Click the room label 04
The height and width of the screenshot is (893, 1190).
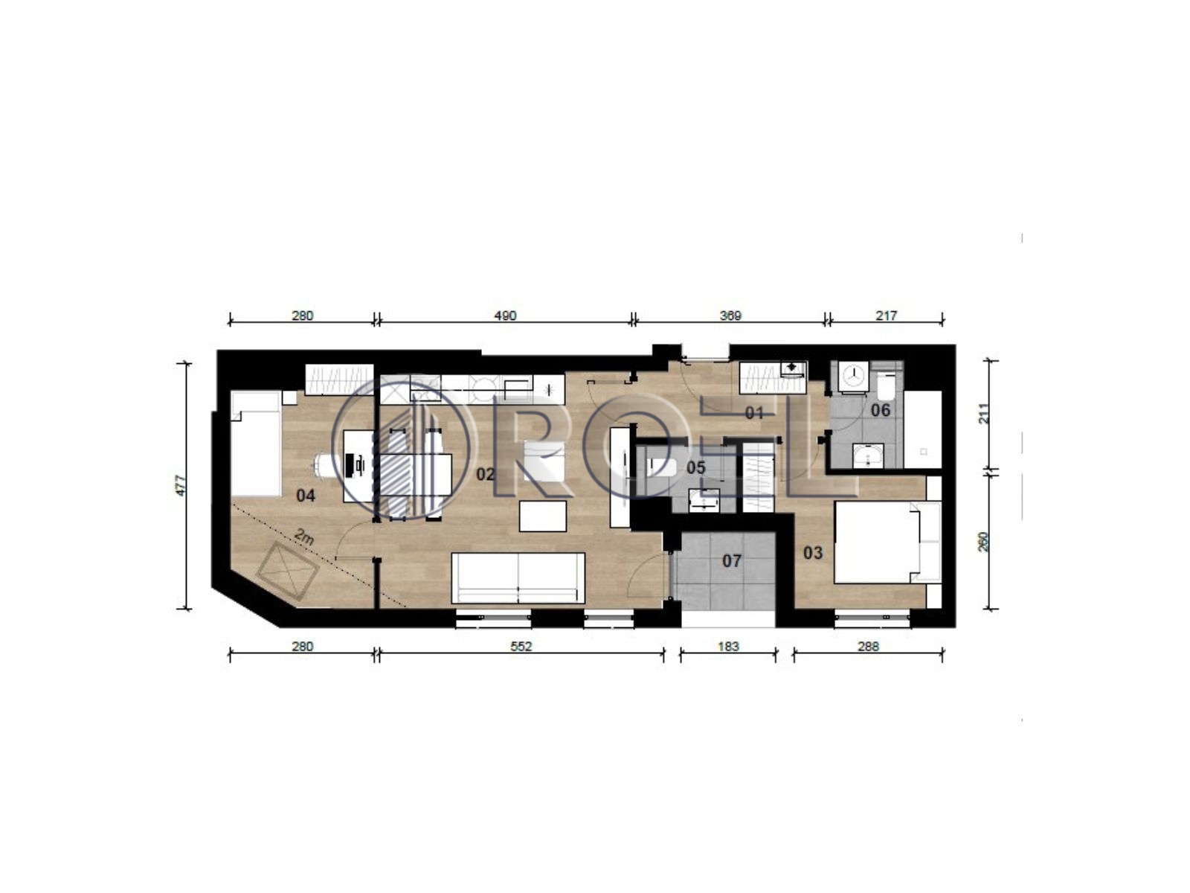click(x=305, y=495)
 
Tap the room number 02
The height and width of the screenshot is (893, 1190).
click(x=485, y=475)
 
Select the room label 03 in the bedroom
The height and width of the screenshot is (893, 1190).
click(x=813, y=553)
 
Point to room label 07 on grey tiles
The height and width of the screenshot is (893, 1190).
click(x=731, y=560)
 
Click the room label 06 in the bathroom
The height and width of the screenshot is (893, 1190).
click(x=880, y=411)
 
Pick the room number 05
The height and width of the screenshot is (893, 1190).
click(x=696, y=467)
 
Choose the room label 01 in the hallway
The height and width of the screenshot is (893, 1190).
click(x=754, y=413)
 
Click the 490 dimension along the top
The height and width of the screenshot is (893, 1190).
click(x=505, y=316)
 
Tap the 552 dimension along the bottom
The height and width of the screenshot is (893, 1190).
click(x=521, y=646)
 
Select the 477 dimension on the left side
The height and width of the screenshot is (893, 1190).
click(x=181, y=485)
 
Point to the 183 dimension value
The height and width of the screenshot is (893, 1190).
click(x=728, y=646)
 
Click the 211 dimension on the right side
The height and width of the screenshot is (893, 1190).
click(x=983, y=414)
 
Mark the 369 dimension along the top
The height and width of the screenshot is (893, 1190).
click(x=730, y=316)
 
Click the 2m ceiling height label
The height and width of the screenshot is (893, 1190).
click(x=303, y=537)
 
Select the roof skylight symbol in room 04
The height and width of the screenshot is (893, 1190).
click(x=287, y=570)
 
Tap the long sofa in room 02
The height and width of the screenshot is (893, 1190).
click(x=518, y=578)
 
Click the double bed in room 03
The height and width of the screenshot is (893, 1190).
click(x=877, y=542)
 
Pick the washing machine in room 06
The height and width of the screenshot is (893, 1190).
click(x=853, y=375)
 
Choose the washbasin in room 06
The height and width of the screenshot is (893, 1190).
click(x=868, y=455)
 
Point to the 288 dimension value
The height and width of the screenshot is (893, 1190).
click(x=868, y=646)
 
